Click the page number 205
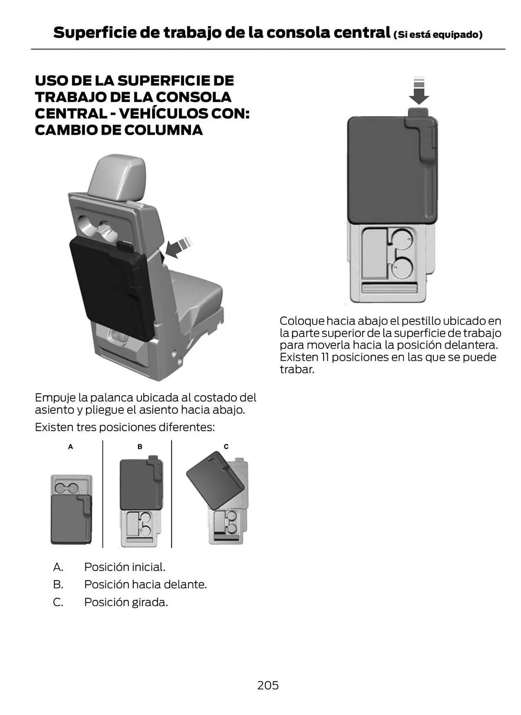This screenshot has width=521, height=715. coord(267,685)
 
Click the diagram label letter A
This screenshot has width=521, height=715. coord(70,447)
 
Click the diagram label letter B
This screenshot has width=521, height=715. coord(140,447)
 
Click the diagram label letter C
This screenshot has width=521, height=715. coord(226,447)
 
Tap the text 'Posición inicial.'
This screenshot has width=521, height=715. coord(124,567)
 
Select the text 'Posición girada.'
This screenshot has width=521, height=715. coord(126,602)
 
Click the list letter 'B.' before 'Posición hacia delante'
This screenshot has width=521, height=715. coord(58,585)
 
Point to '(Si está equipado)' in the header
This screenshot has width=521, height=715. coord(438,35)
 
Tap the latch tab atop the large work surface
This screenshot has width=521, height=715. coord(418,112)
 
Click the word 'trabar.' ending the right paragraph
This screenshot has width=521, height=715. coord(297,369)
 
